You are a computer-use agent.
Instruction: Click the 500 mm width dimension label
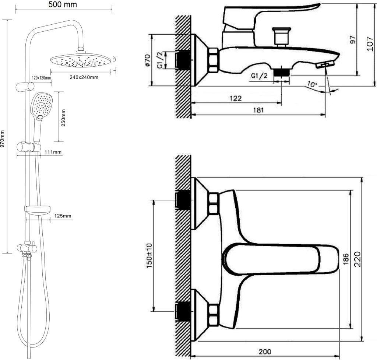tap(63, 4)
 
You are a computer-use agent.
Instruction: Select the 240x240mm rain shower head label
tap(84, 77)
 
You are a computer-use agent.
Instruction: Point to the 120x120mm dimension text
tap(41, 77)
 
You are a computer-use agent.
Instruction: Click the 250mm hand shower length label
tap(63, 118)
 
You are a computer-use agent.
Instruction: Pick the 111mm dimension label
tap(53, 152)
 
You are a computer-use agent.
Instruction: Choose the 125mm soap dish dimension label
tap(63, 216)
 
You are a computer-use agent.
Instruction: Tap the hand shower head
tap(42, 106)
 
